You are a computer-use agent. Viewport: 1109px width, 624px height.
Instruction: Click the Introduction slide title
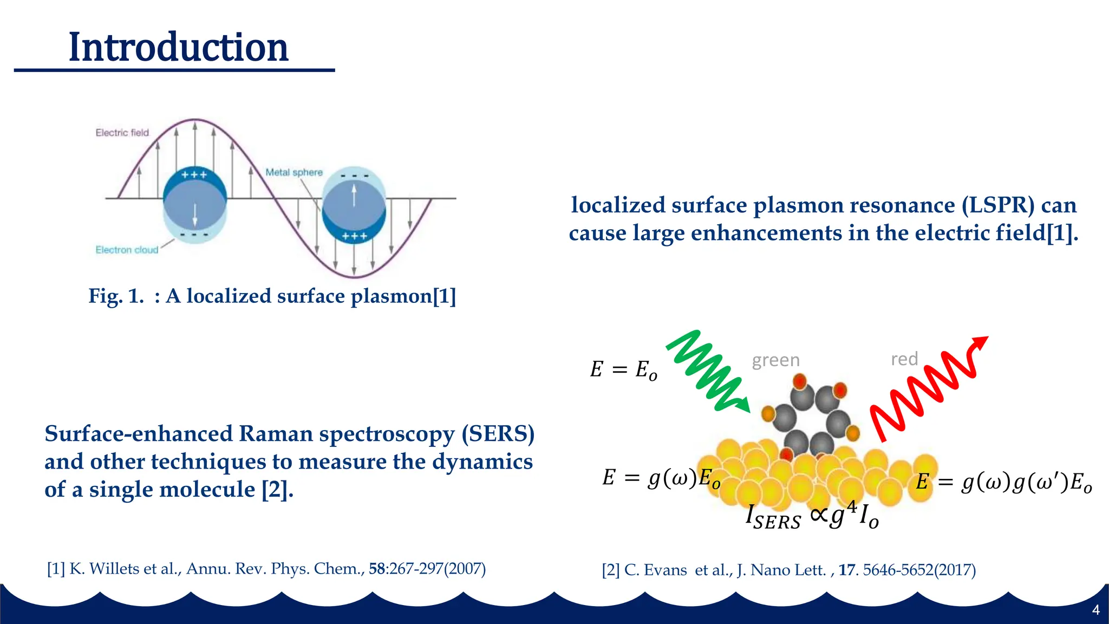point(178,48)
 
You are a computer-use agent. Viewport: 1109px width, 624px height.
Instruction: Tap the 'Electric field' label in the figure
point(122,133)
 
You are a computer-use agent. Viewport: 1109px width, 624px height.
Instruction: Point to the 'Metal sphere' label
point(293,172)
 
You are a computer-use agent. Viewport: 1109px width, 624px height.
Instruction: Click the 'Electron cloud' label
point(127,250)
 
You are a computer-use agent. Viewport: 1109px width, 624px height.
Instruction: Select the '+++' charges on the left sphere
point(194,175)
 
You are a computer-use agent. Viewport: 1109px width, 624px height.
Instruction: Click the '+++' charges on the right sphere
point(355,236)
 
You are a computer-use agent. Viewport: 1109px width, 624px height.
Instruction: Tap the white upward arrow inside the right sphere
point(354,196)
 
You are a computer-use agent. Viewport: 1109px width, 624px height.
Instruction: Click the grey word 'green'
point(775,360)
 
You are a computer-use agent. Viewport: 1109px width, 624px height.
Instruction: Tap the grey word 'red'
point(904,359)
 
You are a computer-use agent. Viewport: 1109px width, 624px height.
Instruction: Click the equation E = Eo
point(623,370)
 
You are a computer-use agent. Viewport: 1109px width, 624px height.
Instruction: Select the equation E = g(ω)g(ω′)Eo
point(1003,482)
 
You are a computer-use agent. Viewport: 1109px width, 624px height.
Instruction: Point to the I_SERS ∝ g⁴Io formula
point(812,516)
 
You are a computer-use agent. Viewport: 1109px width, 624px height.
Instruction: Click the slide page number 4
point(1095,610)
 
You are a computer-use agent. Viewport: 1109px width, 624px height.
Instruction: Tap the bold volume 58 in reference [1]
point(377,569)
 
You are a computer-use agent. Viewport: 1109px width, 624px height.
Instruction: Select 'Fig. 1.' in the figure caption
point(116,296)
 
